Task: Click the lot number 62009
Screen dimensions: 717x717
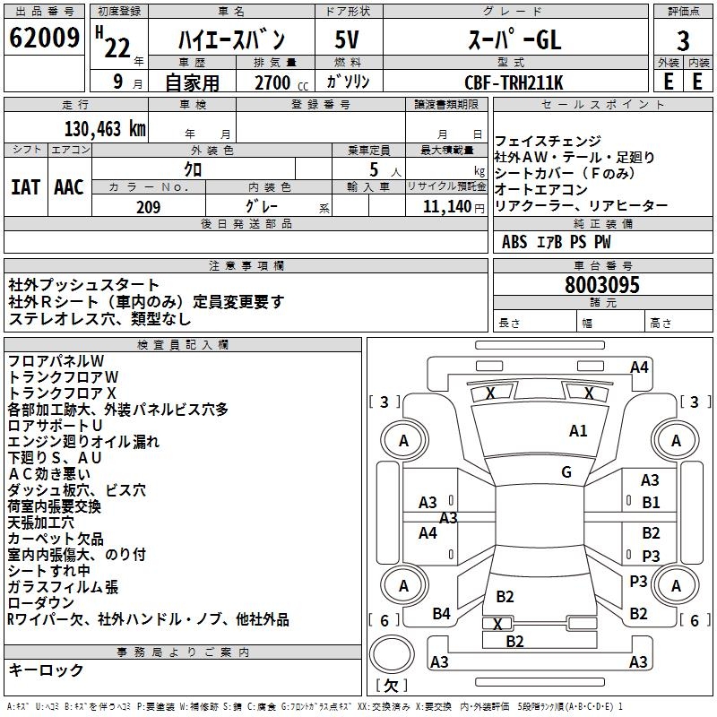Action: coord(43,39)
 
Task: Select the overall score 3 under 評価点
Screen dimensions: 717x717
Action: coord(683,41)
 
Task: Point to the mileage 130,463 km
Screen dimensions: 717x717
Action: coord(105,128)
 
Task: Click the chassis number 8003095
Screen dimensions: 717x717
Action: coord(602,286)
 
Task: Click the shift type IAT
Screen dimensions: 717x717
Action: coord(25,187)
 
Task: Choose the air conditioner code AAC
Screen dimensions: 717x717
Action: coord(69,187)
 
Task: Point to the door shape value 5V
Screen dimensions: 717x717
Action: coord(348,40)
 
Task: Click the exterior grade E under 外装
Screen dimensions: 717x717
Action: coord(668,82)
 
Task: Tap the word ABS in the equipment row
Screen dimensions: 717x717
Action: coord(514,242)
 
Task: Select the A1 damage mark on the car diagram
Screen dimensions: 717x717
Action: coord(578,431)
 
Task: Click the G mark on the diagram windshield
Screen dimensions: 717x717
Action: coord(566,472)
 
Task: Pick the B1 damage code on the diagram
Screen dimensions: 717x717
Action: coord(651,503)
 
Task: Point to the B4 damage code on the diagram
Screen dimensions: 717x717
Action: coord(441,614)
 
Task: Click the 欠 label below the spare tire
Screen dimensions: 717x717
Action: coord(390,686)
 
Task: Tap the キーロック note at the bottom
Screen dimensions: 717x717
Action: coord(46,670)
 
